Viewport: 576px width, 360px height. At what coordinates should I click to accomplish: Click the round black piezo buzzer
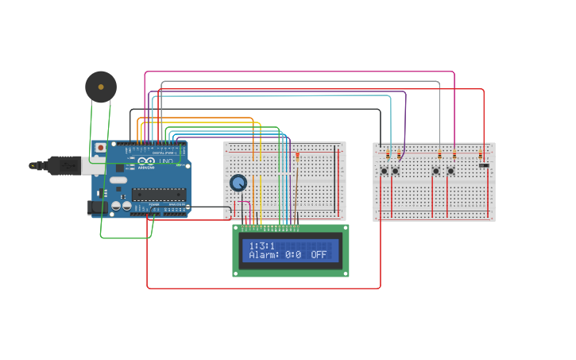coord(101,87)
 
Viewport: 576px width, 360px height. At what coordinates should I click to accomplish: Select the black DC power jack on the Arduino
coord(96,207)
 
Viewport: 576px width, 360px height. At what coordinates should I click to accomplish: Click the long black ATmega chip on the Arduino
coord(159,194)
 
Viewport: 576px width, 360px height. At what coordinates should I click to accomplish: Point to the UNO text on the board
coord(166,161)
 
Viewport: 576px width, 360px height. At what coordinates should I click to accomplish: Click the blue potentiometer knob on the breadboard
coord(238,184)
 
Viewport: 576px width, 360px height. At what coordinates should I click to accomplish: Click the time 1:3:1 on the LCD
coord(261,246)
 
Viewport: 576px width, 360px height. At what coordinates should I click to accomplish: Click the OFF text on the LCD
coord(319,255)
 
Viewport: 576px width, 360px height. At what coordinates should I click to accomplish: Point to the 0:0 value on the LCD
coord(293,255)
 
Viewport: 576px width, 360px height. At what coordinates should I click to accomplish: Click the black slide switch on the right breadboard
coord(483,165)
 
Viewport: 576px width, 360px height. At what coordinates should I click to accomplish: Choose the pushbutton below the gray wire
coord(436,171)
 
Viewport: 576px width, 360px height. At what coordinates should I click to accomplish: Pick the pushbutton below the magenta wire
coord(450,171)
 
